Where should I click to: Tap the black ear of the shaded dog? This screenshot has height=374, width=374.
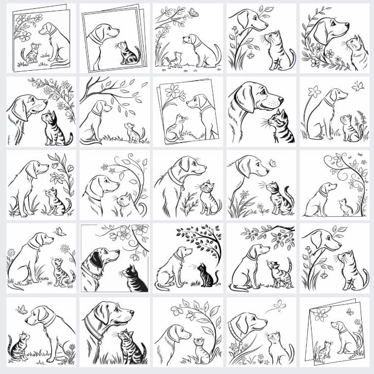tap(97, 259)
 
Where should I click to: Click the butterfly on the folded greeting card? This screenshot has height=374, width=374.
tap(349, 311)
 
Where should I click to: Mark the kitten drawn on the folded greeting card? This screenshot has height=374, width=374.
tap(324, 350)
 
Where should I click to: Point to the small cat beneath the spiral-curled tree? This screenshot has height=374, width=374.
tap(346, 207)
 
